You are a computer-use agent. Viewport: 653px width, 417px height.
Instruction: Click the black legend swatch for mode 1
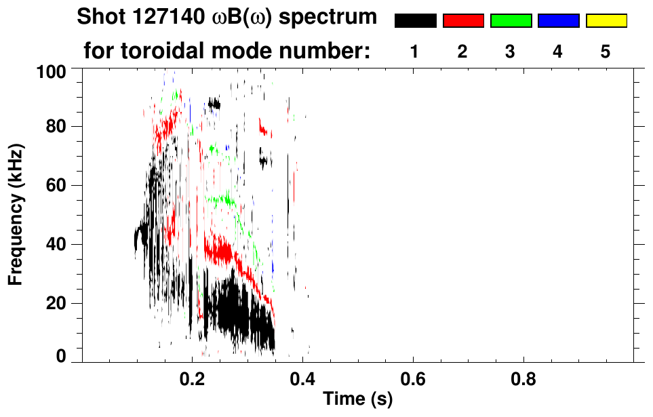[x=415, y=21]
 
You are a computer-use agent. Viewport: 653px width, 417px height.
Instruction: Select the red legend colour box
[x=463, y=21]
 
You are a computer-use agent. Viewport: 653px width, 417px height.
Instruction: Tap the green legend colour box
[x=511, y=21]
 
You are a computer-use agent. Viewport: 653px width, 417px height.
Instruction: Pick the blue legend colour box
[x=558, y=21]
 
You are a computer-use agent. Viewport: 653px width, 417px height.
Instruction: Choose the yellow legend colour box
[x=606, y=21]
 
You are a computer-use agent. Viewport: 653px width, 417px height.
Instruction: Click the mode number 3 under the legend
[x=510, y=52]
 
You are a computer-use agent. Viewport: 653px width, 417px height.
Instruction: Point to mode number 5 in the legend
[x=606, y=52]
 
